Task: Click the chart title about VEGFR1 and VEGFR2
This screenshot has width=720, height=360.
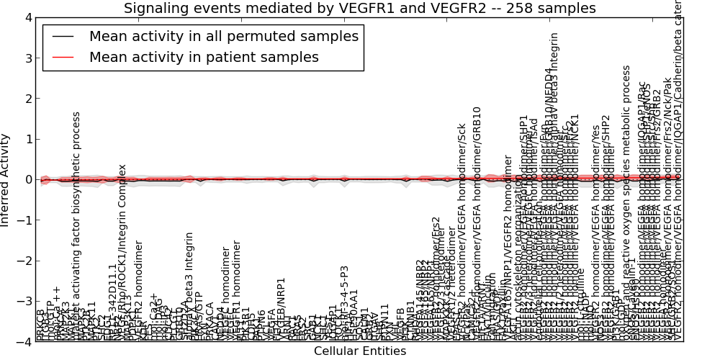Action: click(x=359, y=9)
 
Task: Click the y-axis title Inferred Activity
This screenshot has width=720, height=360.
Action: click(x=6, y=179)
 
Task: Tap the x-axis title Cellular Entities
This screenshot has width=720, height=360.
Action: click(x=359, y=351)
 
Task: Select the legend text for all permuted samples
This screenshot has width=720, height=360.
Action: click(x=223, y=37)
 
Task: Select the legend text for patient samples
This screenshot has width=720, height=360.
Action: click(x=204, y=58)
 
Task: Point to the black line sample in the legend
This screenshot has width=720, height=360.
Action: click(x=63, y=37)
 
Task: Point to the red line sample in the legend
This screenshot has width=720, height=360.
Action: click(x=63, y=58)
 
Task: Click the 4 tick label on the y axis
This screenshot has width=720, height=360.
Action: click(x=27, y=17)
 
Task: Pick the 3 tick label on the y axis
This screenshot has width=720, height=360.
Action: click(x=27, y=58)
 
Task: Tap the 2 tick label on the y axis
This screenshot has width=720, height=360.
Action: click(x=27, y=99)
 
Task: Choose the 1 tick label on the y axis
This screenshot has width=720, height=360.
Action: click(x=27, y=139)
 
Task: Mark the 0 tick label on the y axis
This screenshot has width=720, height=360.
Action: click(x=27, y=179)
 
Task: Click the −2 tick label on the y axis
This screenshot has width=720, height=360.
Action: click(x=24, y=261)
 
